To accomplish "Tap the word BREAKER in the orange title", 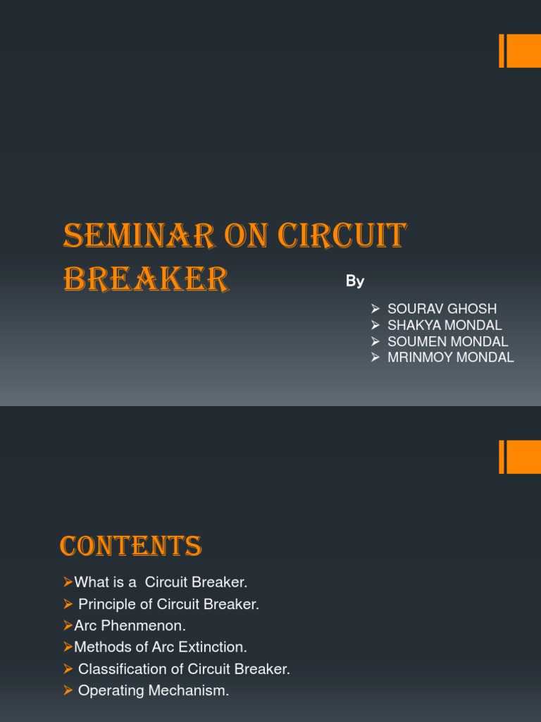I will coord(146,279).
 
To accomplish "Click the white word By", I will coord(355,281).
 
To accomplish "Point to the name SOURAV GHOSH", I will coord(442,309).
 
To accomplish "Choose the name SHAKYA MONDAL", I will coord(444,325).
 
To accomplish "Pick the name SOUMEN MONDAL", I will coord(447,341).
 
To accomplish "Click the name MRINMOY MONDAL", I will coord(450,357).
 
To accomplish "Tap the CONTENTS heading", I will coord(131,546).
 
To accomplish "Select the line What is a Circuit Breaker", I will coord(161,582).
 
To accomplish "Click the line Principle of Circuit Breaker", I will coord(168,604).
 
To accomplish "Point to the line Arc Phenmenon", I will coord(130,625).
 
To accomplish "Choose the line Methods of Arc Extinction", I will coord(161,647).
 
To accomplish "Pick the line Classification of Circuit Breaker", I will coord(184,669).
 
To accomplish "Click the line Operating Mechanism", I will coord(154,691).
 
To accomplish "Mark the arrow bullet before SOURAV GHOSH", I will coord(375,309).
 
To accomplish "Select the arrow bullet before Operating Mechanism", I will coord(68,691).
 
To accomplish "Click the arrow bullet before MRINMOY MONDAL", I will coord(375,357).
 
